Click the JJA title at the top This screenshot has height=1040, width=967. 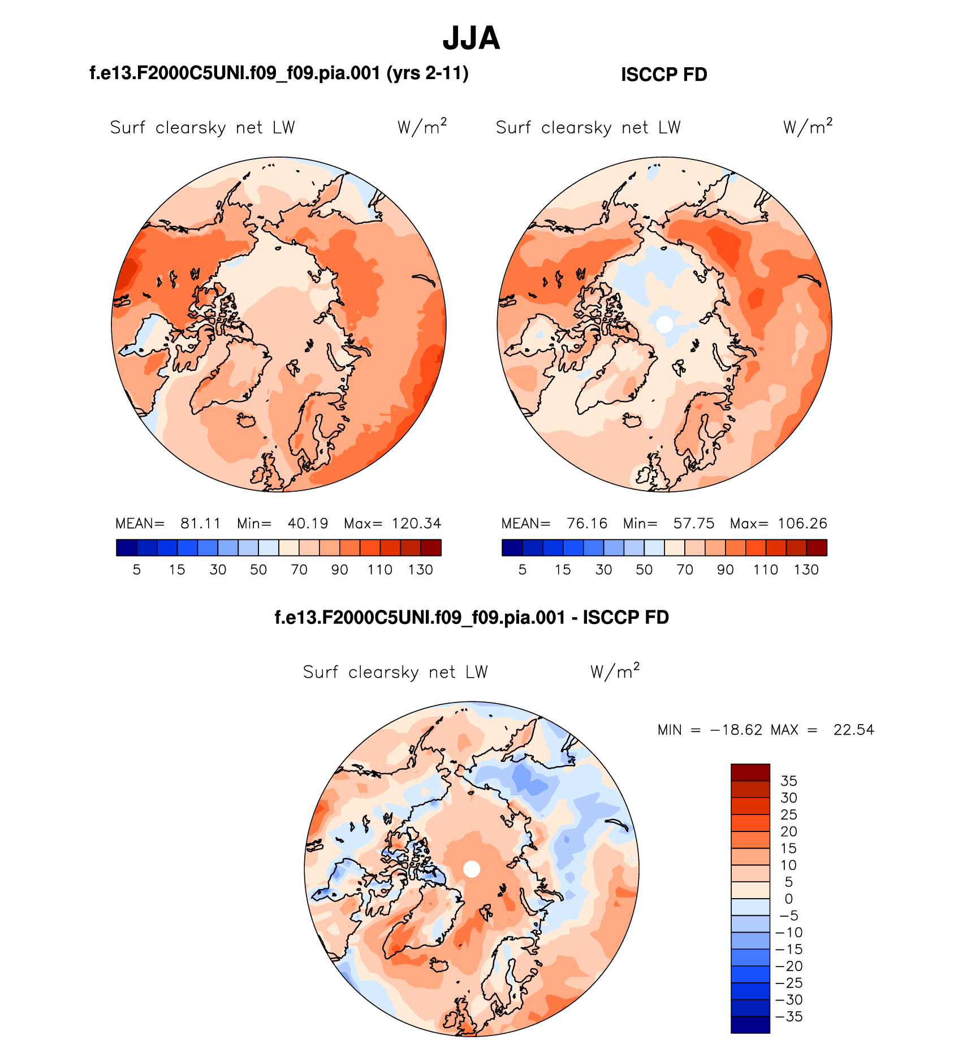pos(471,38)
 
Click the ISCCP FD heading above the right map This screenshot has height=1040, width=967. pos(664,75)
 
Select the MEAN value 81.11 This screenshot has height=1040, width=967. pos(200,523)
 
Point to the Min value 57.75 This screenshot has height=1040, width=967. pos(694,523)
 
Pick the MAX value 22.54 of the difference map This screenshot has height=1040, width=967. pos(854,730)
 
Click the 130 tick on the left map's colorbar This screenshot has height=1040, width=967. pos(421,570)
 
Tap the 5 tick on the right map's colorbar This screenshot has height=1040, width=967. pos(523,570)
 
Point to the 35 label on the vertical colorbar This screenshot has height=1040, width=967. pos(789,781)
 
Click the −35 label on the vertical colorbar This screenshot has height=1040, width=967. pos(789,1016)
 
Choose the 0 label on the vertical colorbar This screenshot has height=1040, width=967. pos(789,899)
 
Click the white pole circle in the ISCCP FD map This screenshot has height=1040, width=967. pos(665,324)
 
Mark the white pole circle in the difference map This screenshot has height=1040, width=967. pos(472,869)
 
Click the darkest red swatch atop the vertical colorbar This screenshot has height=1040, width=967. pos(750,772)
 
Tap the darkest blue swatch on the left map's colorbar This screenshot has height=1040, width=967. pos(126,548)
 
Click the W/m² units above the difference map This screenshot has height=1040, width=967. pos(615,671)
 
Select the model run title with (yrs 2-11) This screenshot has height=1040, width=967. pos(279,73)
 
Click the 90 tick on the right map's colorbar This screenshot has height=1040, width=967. pos(726,570)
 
